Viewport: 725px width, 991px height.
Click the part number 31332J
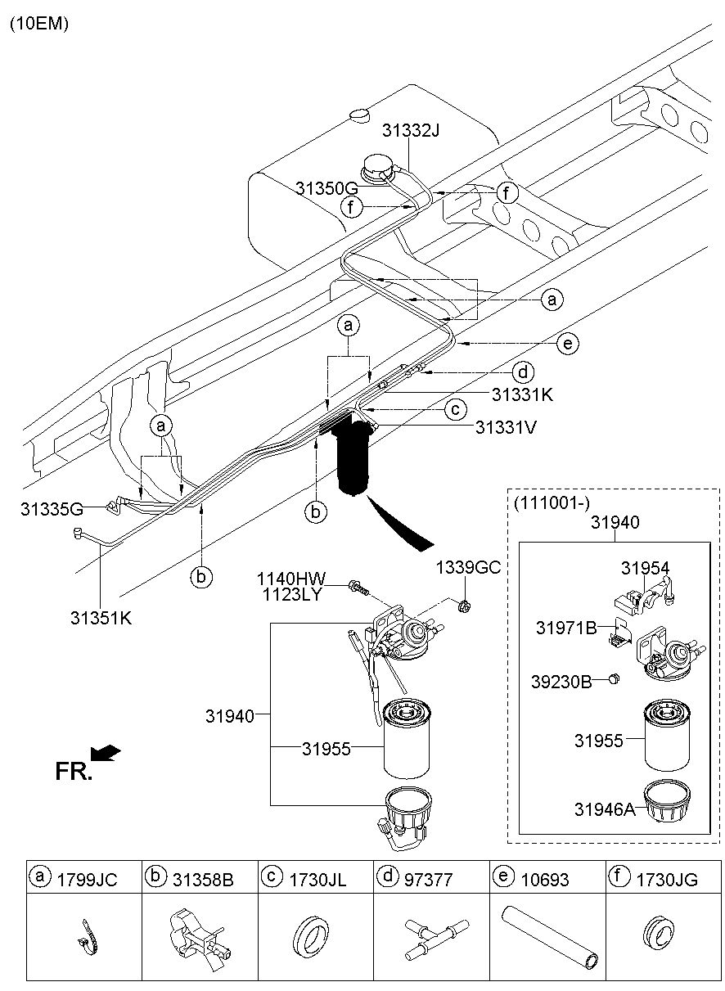(411, 130)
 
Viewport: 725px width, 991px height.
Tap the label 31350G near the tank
(326, 188)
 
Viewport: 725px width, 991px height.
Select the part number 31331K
(522, 394)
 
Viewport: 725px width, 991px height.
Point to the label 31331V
(506, 427)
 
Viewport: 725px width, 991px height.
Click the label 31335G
(52, 509)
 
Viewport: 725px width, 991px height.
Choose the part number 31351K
(101, 618)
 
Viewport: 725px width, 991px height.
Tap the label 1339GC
(468, 567)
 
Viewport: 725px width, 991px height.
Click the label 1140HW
(291, 579)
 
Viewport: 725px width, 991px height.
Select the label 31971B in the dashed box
(566, 628)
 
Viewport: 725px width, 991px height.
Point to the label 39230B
(561, 682)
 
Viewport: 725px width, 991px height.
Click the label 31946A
(605, 809)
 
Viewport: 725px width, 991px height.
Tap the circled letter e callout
(568, 343)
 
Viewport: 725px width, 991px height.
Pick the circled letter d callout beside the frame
(523, 372)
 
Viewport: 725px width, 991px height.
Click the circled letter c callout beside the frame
(456, 410)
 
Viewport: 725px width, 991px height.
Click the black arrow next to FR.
(106, 753)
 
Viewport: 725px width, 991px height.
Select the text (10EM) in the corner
(39, 24)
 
